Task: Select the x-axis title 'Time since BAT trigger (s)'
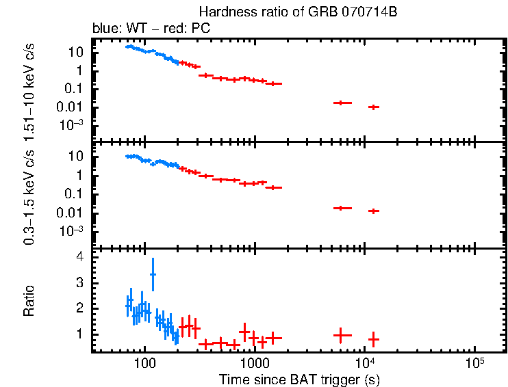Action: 299,379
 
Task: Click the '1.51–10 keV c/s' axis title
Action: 29,89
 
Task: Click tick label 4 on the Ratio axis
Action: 79,257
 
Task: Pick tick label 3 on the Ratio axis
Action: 79,282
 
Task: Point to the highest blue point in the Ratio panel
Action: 153,274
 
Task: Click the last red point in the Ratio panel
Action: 373,339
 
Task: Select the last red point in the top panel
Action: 373,107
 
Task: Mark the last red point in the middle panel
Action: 373,211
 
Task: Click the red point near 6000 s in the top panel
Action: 342,103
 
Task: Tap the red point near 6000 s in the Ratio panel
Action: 342,335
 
